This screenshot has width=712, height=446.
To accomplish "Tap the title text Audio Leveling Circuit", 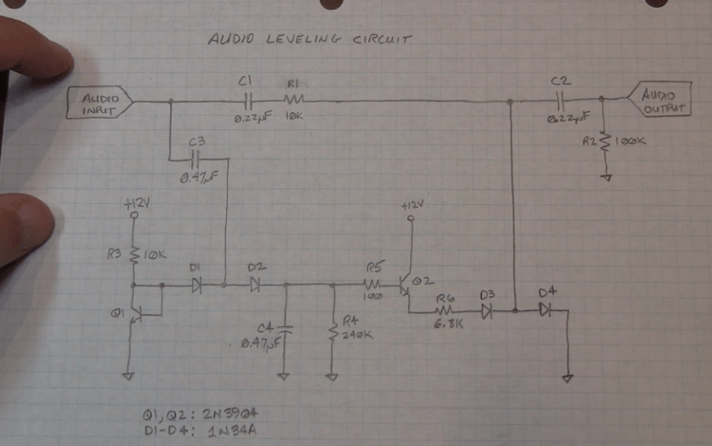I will coord(310,39).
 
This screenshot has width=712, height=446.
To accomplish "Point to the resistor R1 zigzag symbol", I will coord(294,99).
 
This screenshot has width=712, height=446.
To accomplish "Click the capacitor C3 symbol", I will coord(196,160).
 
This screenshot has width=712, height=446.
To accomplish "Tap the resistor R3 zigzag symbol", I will coord(134,254).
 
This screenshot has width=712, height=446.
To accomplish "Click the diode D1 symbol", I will coord(196,286).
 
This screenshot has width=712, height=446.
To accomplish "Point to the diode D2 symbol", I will coord(255,286).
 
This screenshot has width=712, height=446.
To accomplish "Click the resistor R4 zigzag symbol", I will coord(332,331).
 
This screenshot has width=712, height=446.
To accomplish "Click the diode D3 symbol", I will coord(487,311).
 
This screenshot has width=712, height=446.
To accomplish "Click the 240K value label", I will coord(357,335).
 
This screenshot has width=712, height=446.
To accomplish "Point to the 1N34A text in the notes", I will coord(232,431).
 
